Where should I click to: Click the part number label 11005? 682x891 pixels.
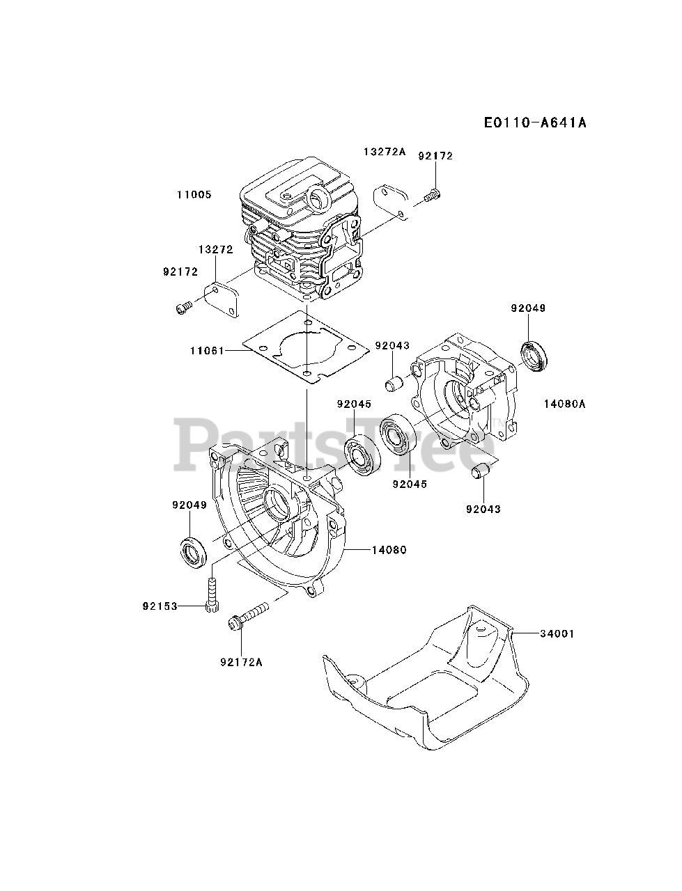[194, 195]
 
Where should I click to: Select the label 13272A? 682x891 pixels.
[384, 151]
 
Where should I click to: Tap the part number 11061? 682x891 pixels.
[206, 351]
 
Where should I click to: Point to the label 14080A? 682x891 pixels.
[564, 402]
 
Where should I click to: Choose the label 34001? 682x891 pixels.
[557, 634]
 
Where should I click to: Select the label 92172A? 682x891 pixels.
[240, 662]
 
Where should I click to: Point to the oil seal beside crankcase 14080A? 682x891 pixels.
[536, 356]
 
